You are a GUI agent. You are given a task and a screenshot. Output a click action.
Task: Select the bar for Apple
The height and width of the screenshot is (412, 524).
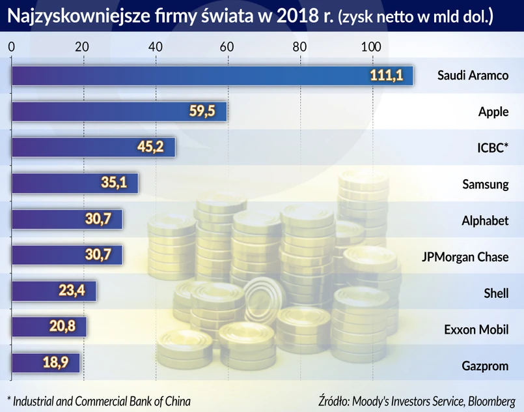point(119,111)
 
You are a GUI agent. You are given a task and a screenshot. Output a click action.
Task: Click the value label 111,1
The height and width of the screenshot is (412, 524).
point(387,76)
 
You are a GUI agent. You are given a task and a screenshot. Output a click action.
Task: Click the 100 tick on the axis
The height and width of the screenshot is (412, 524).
point(372,47)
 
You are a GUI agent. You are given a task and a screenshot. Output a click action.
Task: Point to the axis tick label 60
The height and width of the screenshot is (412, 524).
point(227,47)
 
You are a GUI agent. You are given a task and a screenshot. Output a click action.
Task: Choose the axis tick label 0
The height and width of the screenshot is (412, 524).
point(11,47)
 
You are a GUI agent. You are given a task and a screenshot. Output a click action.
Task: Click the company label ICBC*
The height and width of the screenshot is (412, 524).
point(491,148)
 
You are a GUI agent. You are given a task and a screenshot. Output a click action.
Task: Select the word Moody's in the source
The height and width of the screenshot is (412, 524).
point(374,399)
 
